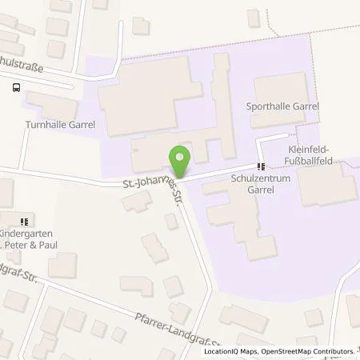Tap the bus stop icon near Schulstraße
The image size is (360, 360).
(x=18, y=89)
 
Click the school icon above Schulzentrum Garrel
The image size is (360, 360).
(x=259, y=167)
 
